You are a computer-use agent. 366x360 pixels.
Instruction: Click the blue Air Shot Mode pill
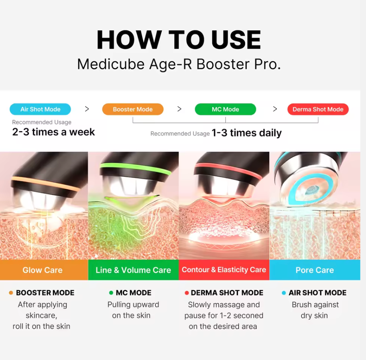(40, 109)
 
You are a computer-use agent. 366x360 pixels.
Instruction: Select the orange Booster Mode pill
(133, 109)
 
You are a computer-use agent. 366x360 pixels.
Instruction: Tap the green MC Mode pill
(225, 109)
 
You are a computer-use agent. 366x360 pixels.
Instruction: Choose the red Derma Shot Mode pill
(318, 109)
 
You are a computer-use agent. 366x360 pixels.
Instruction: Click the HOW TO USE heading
(179, 40)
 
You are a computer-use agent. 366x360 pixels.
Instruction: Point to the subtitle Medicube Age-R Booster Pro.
(179, 64)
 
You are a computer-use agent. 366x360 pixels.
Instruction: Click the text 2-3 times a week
(53, 132)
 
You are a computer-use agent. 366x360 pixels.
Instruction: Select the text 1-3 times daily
(246, 133)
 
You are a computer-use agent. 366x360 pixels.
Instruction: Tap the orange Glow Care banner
(43, 270)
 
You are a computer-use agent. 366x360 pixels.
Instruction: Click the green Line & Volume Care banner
(133, 270)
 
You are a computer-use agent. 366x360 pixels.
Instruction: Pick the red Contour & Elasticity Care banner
(224, 270)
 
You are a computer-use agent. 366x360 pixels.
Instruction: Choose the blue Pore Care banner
(315, 270)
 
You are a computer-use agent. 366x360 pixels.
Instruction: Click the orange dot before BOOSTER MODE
(11, 293)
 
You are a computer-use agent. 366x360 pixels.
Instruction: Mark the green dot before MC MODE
(111, 293)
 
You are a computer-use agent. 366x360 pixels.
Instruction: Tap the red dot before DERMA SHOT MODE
(187, 293)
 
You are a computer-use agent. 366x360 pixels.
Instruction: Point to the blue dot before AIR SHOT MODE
(284, 293)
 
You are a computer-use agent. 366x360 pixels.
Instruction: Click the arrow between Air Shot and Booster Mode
(87, 109)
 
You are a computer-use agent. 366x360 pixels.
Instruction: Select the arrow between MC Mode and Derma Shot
(275, 109)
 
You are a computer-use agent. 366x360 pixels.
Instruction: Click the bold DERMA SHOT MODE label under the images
(227, 293)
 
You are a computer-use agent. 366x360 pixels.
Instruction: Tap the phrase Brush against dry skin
(315, 310)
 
